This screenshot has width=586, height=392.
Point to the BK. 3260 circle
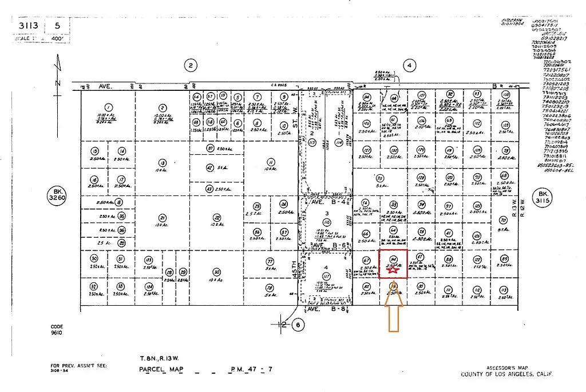click(57, 195)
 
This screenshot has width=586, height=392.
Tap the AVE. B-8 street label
click(319, 309)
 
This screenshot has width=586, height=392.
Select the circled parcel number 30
click(216, 272)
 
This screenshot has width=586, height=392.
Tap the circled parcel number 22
click(217, 217)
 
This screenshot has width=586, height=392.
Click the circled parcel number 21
click(163, 218)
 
